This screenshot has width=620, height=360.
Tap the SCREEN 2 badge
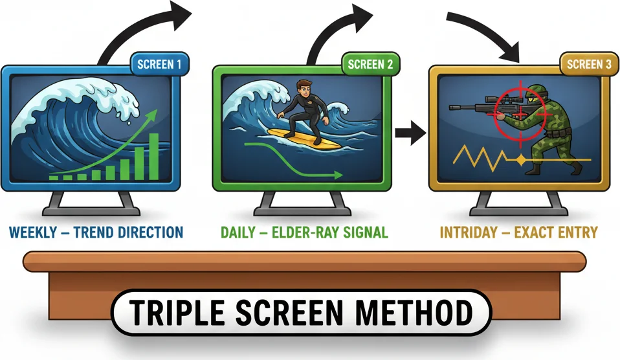point(370,64)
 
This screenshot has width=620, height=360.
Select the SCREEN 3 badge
point(584,63)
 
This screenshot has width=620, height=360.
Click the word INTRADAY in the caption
point(472,232)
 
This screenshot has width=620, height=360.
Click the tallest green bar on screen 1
point(154,156)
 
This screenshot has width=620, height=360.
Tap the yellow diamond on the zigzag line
point(520,159)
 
